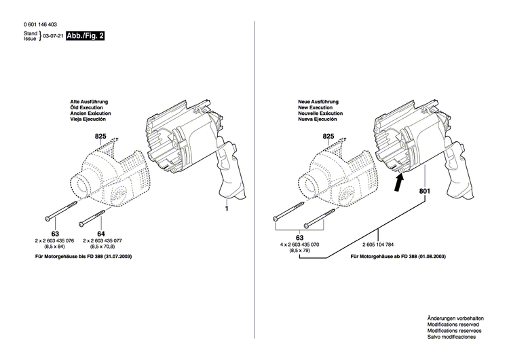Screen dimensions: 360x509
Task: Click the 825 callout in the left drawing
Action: click(101, 137)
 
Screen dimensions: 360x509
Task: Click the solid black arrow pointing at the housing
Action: click(400, 180)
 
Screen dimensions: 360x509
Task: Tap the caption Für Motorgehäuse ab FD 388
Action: click(394, 258)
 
